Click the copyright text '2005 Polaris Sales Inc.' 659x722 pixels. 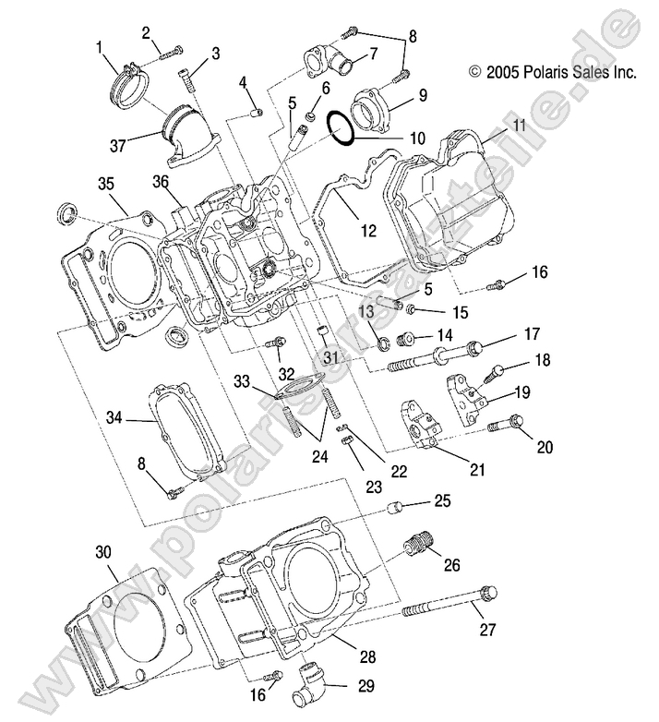pos(552,72)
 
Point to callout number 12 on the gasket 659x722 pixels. pos(368,232)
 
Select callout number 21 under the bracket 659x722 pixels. pos(476,469)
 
